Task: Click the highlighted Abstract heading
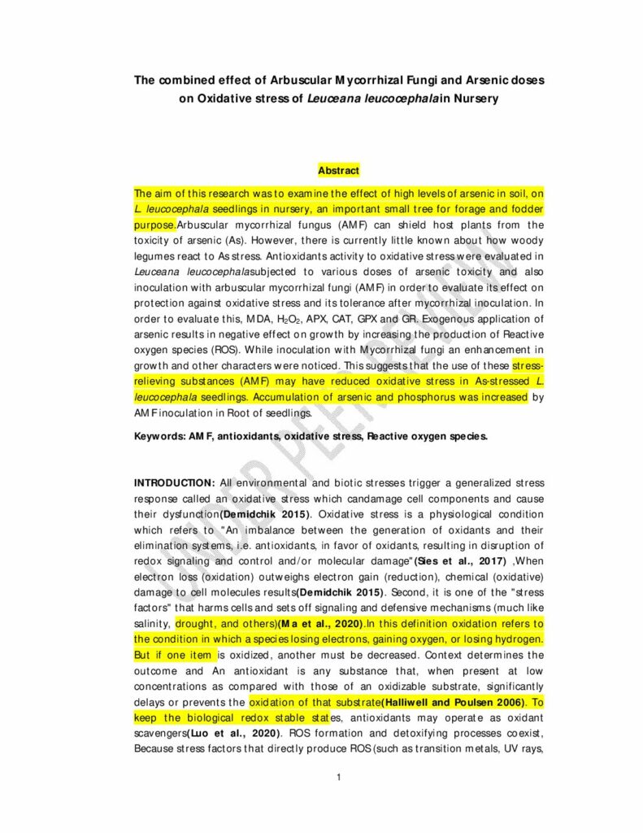[x=338, y=171]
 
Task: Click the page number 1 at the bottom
[x=338, y=778]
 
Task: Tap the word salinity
[x=152, y=623]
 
